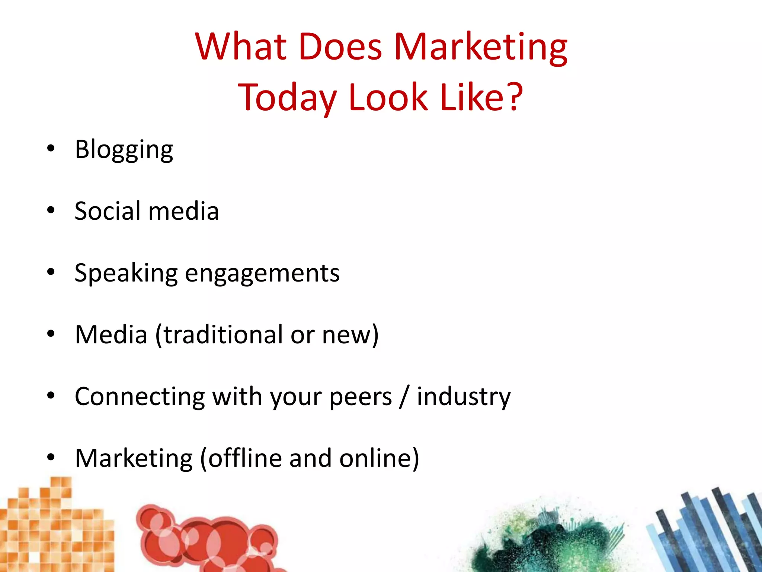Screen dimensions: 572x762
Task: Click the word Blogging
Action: (x=124, y=150)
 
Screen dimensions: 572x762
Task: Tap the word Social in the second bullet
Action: (x=108, y=211)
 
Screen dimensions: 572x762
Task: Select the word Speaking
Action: (x=126, y=273)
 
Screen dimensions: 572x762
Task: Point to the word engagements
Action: (x=262, y=273)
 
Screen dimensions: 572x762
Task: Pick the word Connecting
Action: (x=140, y=396)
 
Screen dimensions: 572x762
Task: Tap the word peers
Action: (x=361, y=397)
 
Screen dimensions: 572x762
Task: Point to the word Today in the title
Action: (x=287, y=98)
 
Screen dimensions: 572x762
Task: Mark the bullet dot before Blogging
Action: (x=51, y=149)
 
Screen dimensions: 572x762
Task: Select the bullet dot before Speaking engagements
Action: (x=51, y=272)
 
